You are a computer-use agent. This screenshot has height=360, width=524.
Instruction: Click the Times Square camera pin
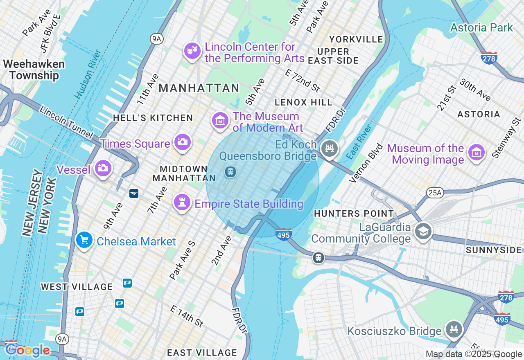[182, 142]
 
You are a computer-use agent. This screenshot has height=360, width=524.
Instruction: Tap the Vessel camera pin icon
[103, 168]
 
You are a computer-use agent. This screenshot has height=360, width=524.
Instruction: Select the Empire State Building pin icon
[182, 202]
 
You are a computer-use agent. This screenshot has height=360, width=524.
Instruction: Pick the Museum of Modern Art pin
[220, 120]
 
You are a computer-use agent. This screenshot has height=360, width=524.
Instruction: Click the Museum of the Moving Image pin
[477, 153]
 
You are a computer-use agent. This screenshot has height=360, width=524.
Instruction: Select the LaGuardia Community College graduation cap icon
[423, 231]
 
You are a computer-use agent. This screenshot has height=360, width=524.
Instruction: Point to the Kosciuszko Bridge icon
[454, 329]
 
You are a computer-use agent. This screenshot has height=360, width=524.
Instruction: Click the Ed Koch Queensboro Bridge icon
[330, 148]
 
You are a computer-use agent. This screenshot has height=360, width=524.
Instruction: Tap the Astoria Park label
[481, 28]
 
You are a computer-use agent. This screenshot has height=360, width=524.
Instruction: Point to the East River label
[359, 142]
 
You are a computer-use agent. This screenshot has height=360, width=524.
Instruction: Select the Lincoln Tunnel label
[66, 122]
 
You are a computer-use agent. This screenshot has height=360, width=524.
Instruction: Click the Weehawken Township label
[34, 70]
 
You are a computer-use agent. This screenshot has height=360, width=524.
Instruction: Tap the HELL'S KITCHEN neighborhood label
[153, 118]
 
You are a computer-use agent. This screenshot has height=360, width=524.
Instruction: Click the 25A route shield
[435, 192]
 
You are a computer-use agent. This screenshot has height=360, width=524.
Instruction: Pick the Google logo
[28, 350]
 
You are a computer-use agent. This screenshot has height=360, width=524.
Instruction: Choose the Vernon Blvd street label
[367, 163]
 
